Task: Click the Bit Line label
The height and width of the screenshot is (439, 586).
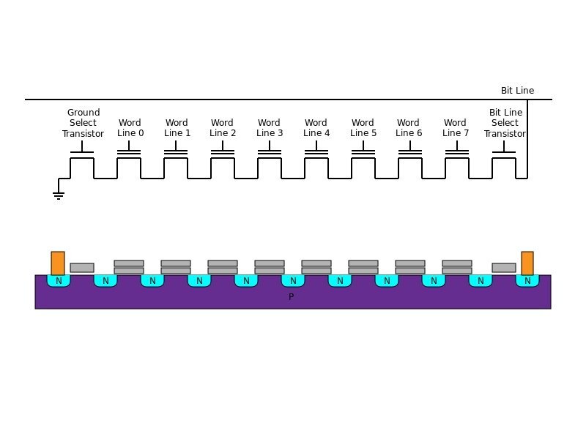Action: pyautogui.click(x=517, y=91)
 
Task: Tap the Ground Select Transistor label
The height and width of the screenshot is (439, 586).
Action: pyautogui.click(x=83, y=123)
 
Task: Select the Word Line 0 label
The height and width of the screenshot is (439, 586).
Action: pyautogui.click(x=130, y=128)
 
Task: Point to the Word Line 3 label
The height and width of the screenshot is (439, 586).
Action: pyautogui.click(x=270, y=128)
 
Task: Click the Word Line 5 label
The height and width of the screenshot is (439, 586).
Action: pyautogui.click(x=363, y=128)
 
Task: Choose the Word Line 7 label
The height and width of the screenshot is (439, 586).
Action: pyautogui.click(x=456, y=128)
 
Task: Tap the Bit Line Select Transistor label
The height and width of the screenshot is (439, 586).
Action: pyautogui.click(x=505, y=123)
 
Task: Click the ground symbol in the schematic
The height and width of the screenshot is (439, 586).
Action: pyautogui.click(x=59, y=195)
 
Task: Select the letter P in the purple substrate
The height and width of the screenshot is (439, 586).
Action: pyautogui.click(x=291, y=297)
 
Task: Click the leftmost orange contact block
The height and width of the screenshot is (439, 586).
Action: pyautogui.click(x=58, y=263)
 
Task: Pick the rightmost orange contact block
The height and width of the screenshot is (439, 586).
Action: pyautogui.click(x=527, y=263)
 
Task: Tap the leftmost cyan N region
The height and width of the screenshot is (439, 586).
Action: pyautogui.click(x=59, y=281)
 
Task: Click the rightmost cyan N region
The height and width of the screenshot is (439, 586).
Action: pyautogui.click(x=527, y=281)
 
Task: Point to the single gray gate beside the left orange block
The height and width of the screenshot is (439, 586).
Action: pyautogui.click(x=82, y=268)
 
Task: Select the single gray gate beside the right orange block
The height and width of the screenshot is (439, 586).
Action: pyautogui.click(x=504, y=268)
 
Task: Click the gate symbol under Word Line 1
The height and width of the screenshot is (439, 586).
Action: pyautogui.click(x=176, y=153)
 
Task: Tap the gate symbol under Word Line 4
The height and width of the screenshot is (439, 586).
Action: pyautogui.click(x=316, y=153)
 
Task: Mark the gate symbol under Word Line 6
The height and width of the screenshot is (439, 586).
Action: pyautogui.click(x=410, y=153)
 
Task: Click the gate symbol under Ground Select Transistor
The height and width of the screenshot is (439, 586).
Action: pyautogui.click(x=82, y=152)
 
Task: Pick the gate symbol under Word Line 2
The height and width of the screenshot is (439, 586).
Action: pyautogui.click(x=223, y=153)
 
